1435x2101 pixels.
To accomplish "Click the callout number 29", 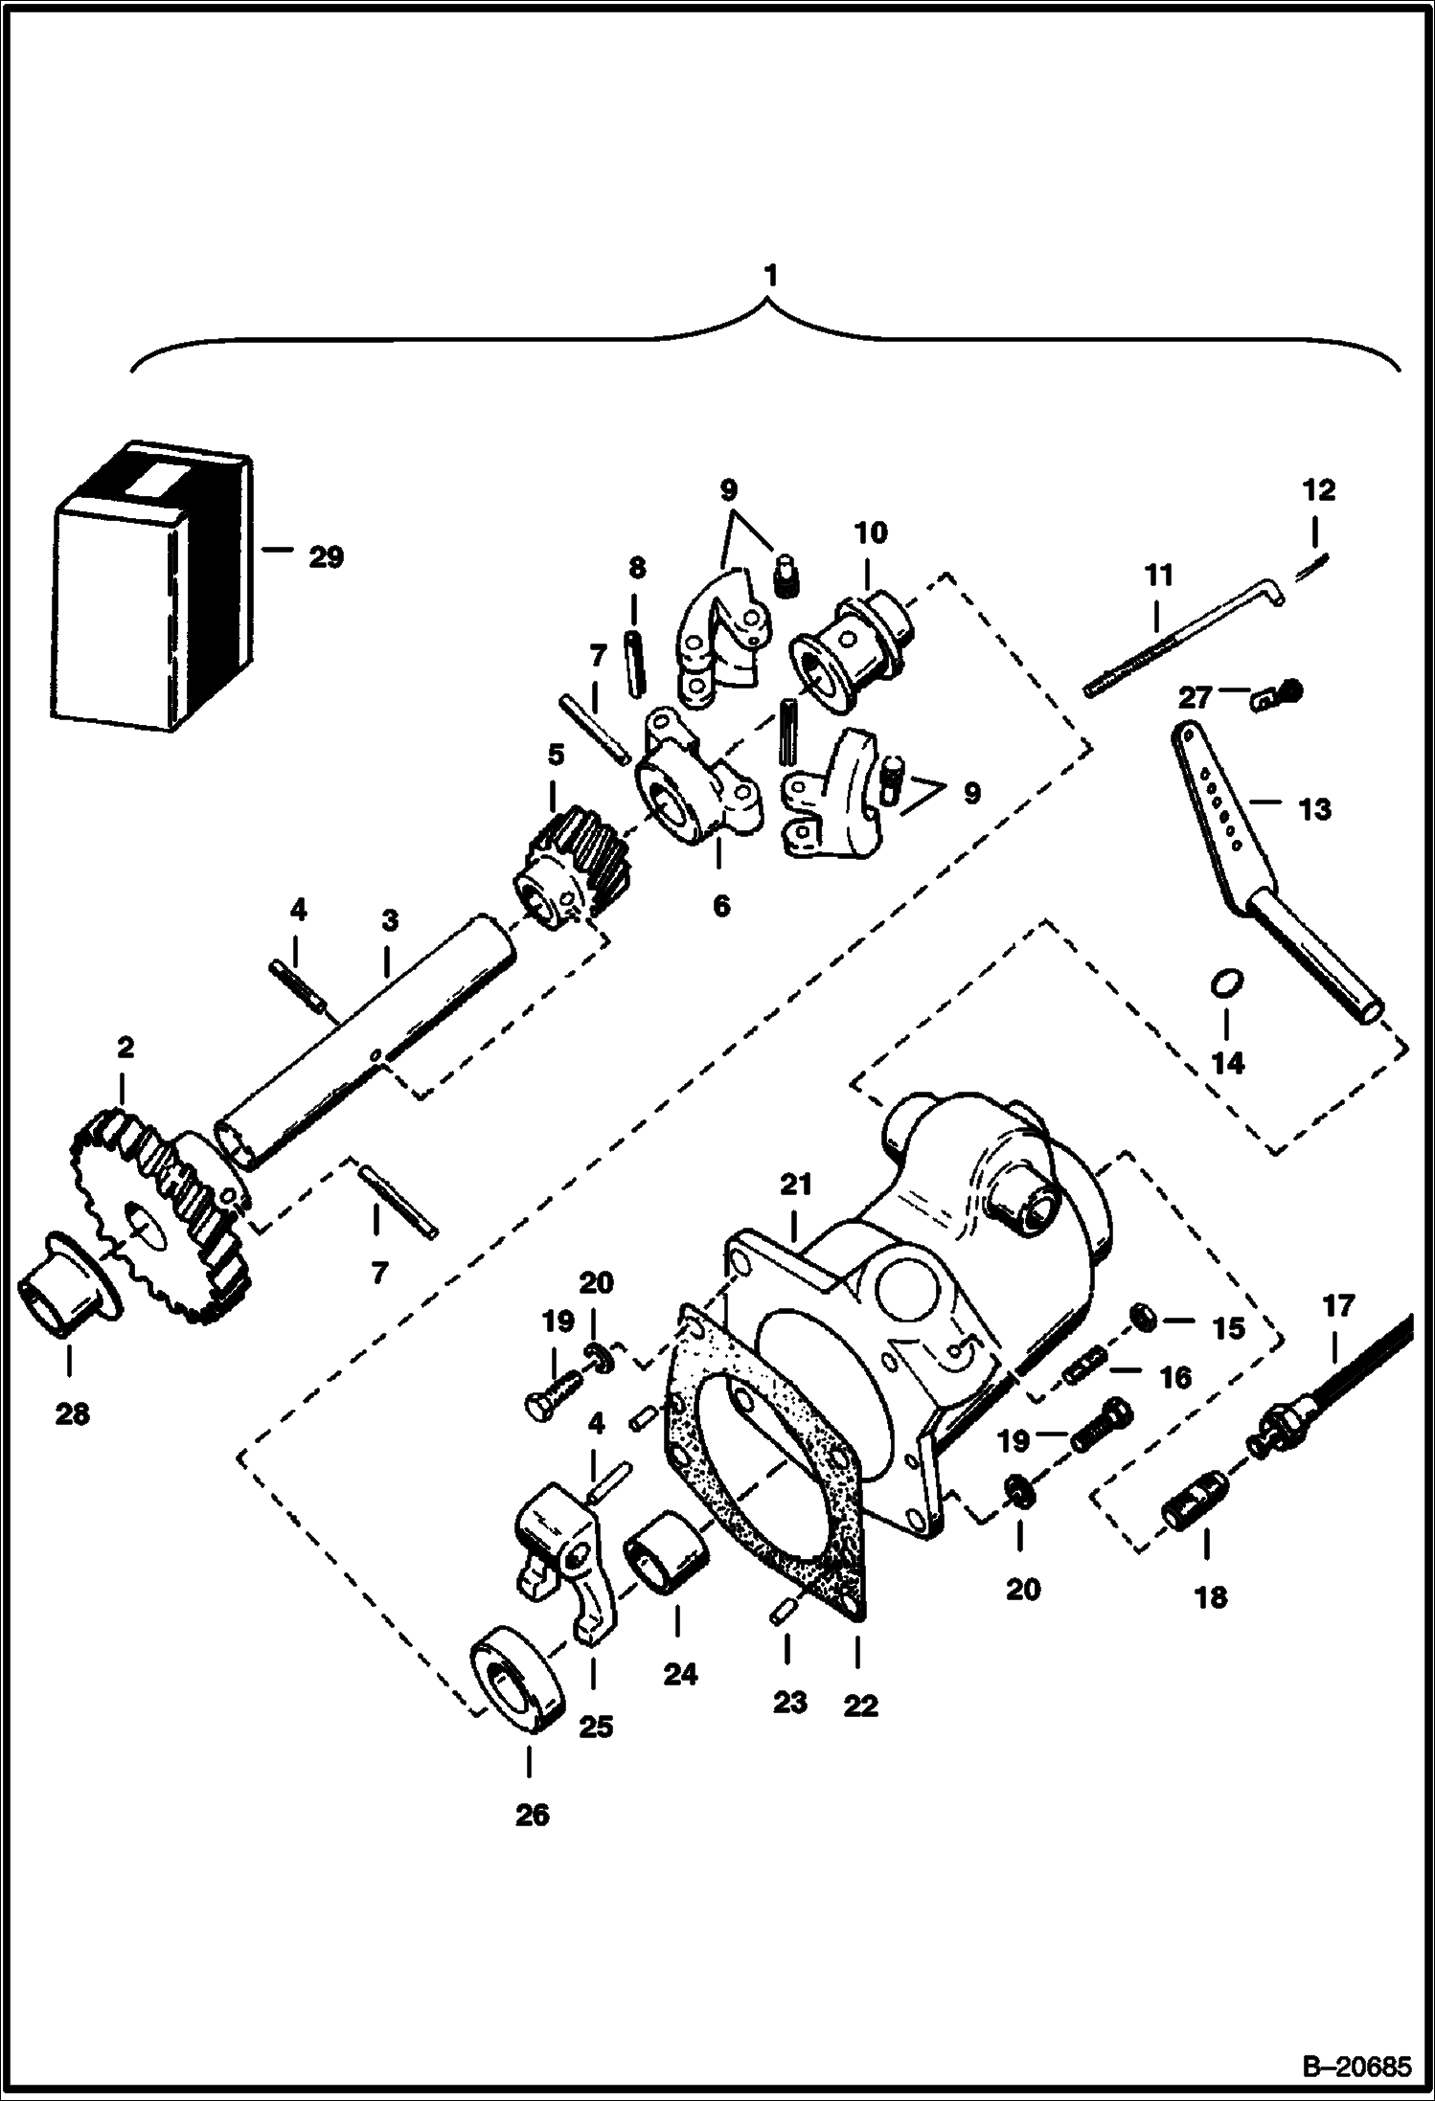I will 326,556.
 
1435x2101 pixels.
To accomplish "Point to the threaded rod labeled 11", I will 1178,642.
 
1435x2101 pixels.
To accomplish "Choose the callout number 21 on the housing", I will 795,1186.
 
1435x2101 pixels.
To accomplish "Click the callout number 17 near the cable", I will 1338,1305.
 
